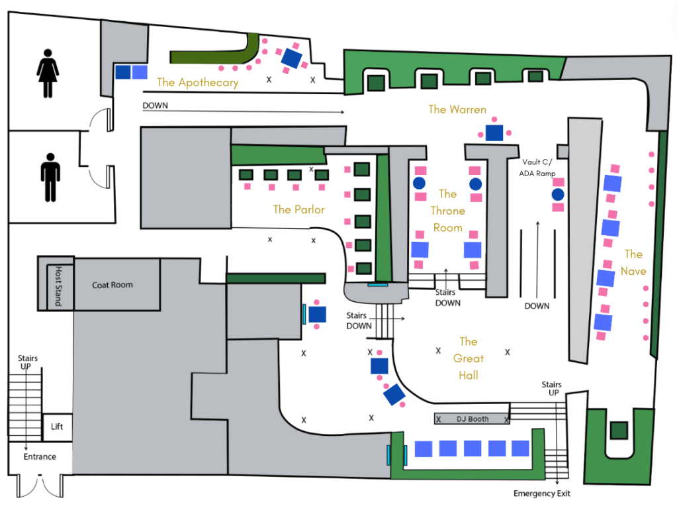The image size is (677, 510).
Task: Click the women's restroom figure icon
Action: [48, 76]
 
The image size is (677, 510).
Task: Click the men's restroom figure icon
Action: [50, 177]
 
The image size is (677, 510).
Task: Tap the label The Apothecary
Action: [197, 83]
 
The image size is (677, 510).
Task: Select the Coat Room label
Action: [112, 285]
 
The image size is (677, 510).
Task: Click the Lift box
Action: [57, 427]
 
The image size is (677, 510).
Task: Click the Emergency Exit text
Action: [541, 493]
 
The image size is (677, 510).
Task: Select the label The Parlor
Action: [299, 209]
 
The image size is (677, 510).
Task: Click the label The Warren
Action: [457, 109]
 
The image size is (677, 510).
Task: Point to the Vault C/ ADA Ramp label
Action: [537, 168]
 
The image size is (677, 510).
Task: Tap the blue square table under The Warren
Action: [494, 132]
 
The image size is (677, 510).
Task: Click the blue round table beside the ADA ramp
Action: [557, 195]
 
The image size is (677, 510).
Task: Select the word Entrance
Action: [40, 456]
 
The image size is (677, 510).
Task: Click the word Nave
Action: [633, 271]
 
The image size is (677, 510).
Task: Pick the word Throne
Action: [448, 211]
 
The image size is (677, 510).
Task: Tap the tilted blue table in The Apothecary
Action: [292, 58]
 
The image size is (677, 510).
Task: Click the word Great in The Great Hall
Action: [468, 358]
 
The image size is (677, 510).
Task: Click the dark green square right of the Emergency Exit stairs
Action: [619, 430]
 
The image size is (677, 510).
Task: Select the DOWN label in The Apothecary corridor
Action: [155, 105]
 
